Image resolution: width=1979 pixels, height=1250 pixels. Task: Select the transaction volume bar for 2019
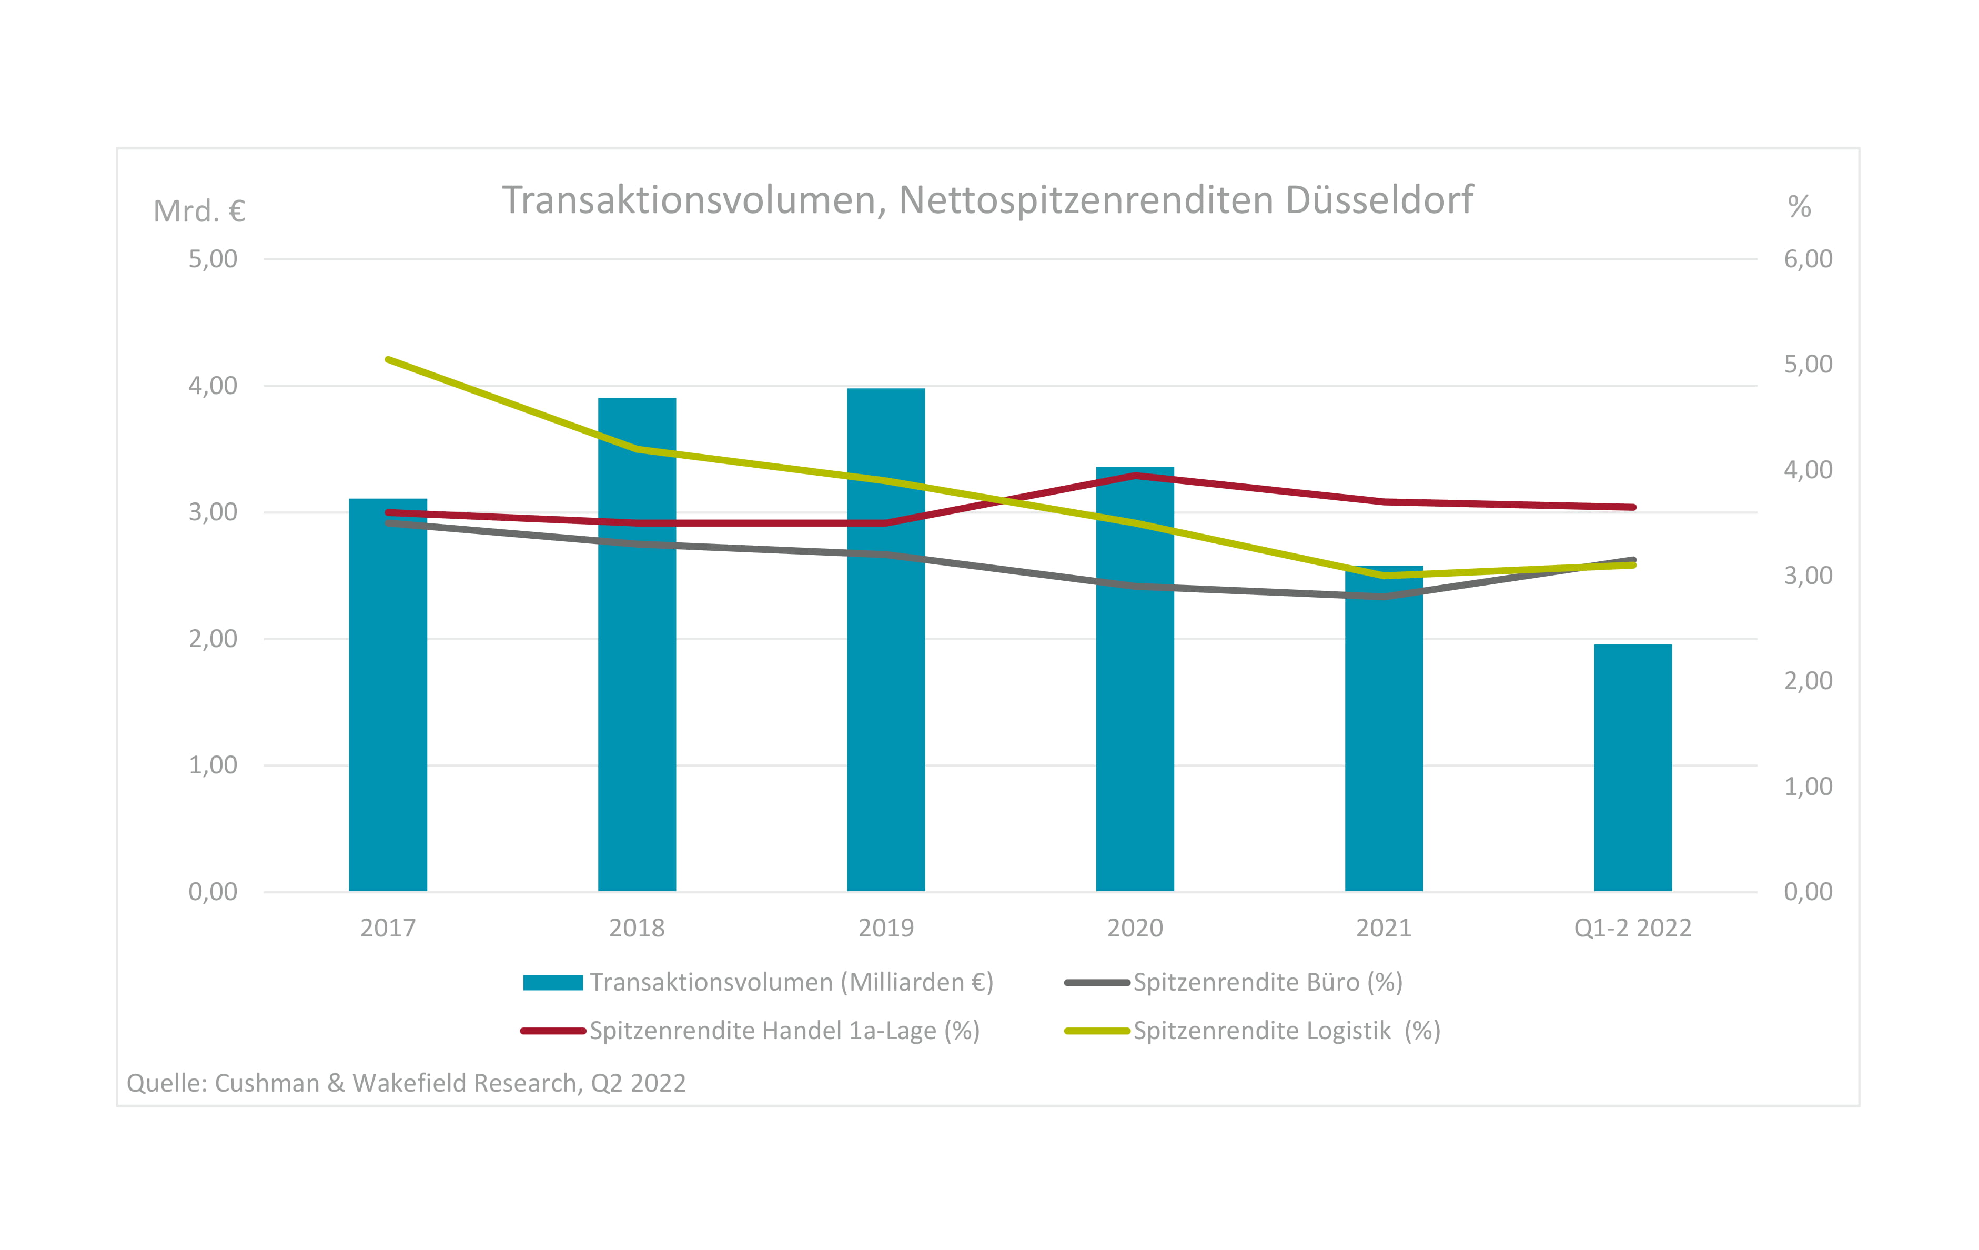(886, 699)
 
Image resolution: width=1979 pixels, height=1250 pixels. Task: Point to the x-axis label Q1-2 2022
(1632, 928)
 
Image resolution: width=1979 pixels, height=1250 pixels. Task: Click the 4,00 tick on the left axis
(213, 386)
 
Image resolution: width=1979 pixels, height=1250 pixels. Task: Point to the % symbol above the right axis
(1799, 207)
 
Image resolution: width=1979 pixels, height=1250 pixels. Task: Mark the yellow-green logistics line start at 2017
(388, 360)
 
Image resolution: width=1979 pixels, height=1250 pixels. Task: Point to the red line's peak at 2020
(1135, 475)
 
